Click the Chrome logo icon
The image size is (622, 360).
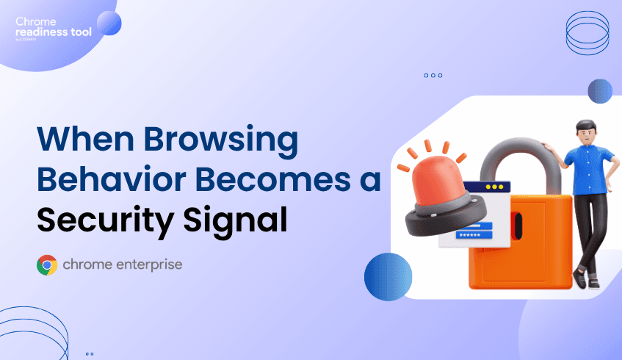(47, 264)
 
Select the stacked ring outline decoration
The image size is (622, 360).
(588, 33)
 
